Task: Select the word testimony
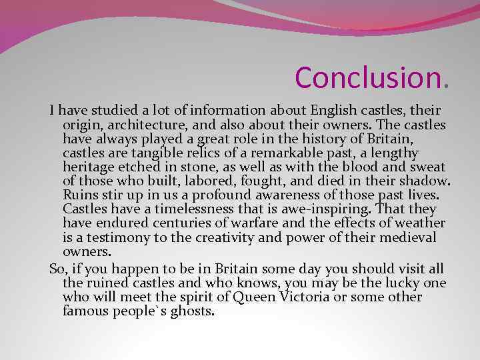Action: [x=117, y=237]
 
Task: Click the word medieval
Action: [x=409, y=237]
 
